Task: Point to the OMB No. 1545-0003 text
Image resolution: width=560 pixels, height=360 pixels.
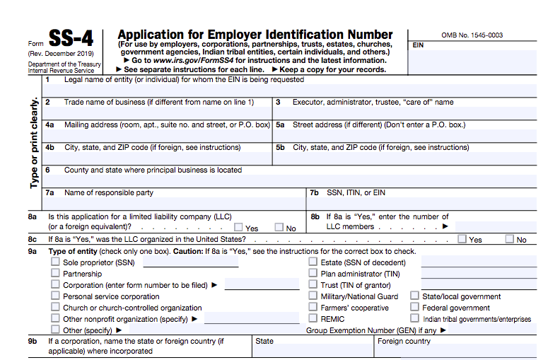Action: [472, 35]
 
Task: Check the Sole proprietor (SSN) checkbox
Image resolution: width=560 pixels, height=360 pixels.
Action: [55, 262]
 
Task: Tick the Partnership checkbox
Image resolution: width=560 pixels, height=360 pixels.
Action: [55, 274]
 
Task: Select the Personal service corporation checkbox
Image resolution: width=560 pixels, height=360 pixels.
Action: [55, 296]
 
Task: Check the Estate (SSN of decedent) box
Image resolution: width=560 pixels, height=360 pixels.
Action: [313, 262]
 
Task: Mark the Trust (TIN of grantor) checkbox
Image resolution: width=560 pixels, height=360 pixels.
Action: [313, 285]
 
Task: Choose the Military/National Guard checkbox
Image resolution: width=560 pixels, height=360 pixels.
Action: [313, 296]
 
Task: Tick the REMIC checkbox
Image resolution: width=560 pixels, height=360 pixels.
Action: [313, 319]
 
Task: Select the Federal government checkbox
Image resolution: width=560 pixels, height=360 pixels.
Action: [414, 308]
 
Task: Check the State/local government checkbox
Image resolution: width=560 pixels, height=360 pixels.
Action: [414, 296]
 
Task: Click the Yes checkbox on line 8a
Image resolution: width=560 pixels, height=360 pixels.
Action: [238, 228]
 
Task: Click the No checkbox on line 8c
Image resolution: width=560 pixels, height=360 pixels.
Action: [509, 239]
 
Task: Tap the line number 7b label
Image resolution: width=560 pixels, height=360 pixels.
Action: [315, 192]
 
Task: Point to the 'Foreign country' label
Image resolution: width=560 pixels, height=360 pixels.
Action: [404, 341]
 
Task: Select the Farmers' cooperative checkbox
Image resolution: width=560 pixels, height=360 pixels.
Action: [313, 308]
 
